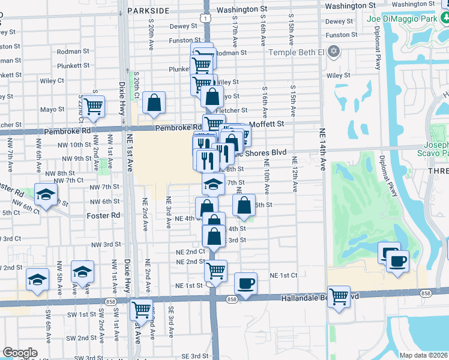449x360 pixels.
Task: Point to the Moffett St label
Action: pos(265,124)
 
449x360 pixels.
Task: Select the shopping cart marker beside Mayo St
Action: pos(93,106)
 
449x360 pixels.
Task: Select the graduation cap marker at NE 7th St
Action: pos(212,183)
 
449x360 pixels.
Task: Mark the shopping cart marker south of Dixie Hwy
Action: pos(142,310)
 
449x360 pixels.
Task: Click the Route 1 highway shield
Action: pos(206,19)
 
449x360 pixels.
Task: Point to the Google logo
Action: pos(20,353)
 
